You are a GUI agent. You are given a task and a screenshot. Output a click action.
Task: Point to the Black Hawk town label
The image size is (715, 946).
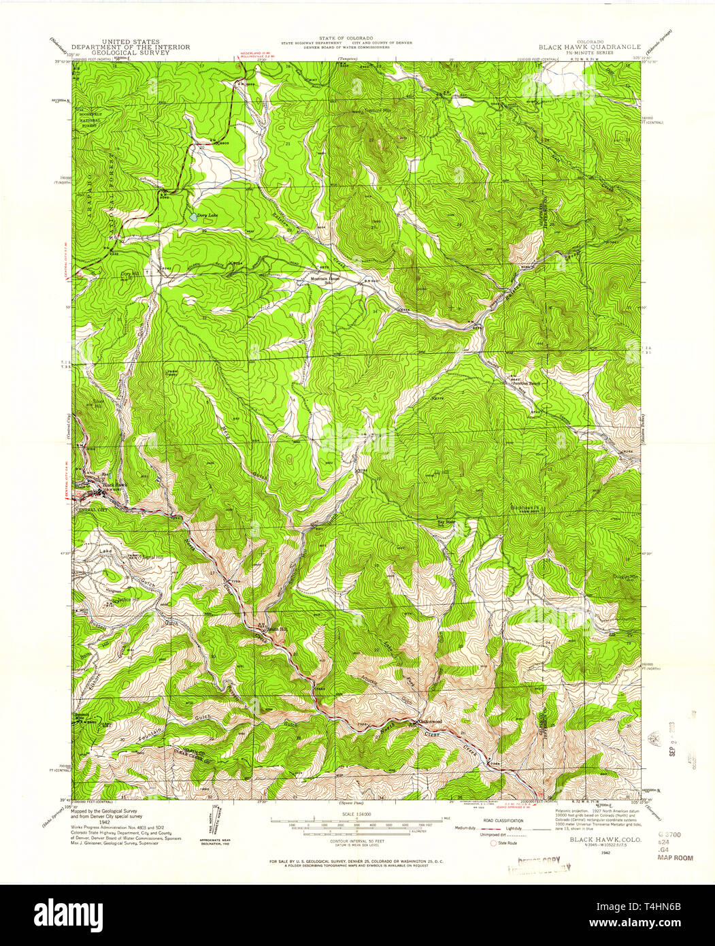(114, 485)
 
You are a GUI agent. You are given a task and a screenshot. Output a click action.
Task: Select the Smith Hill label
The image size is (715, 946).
(277, 629)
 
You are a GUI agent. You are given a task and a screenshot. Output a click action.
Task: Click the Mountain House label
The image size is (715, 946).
(325, 278)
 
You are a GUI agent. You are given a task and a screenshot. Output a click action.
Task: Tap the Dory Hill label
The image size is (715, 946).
(129, 274)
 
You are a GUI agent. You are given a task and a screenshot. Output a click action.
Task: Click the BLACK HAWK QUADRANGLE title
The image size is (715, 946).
(590, 46)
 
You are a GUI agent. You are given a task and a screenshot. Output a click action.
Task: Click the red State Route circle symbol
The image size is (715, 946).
(494, 843)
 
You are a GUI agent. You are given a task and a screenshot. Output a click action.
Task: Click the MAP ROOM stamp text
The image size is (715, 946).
(675, 858)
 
